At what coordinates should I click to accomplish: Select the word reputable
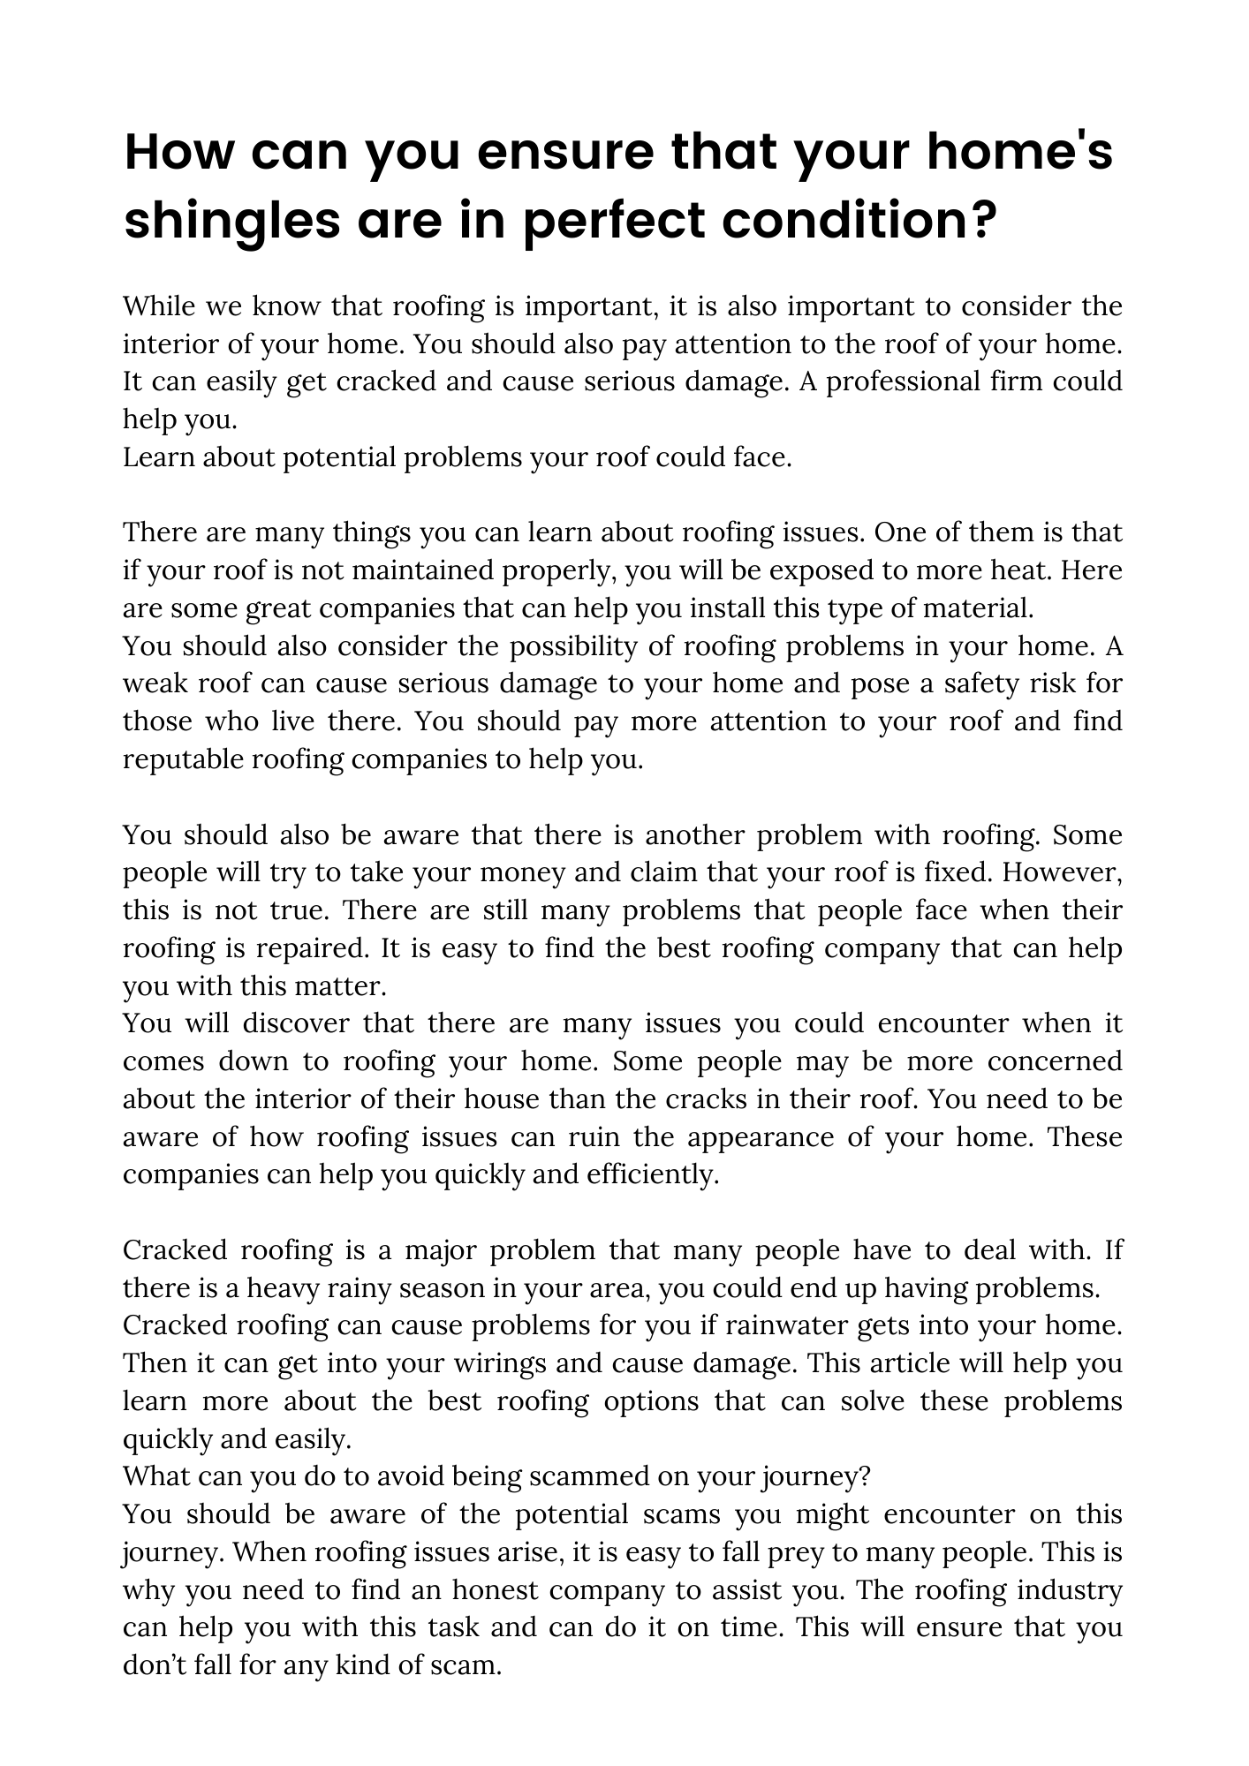click(x=184, y=759)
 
